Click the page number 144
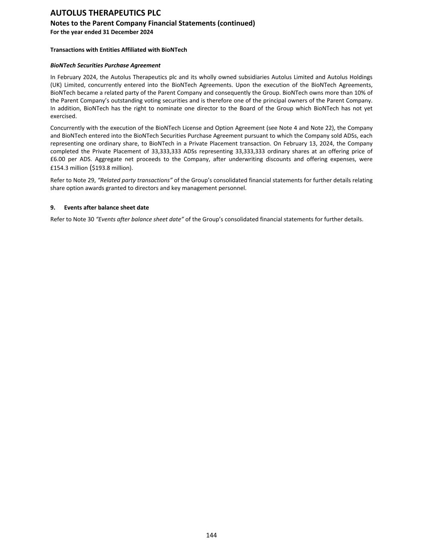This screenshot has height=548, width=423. (x=211, y=535)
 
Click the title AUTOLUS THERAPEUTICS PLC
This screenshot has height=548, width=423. (x=105, y=13)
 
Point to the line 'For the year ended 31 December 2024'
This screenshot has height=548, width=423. (x=101, y=32)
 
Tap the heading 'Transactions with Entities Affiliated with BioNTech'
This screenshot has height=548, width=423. (x=118, y=50)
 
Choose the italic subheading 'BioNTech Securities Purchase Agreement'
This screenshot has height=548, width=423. (x=105, y=65)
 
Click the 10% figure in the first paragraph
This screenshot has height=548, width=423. (x=360, y=93)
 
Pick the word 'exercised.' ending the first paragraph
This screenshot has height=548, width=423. (x=63, y=116)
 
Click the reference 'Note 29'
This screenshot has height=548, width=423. (x=84, y=180)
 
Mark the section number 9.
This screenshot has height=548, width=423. (x=53, y=208)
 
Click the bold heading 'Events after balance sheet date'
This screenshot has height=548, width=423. (x=106, y=208)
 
